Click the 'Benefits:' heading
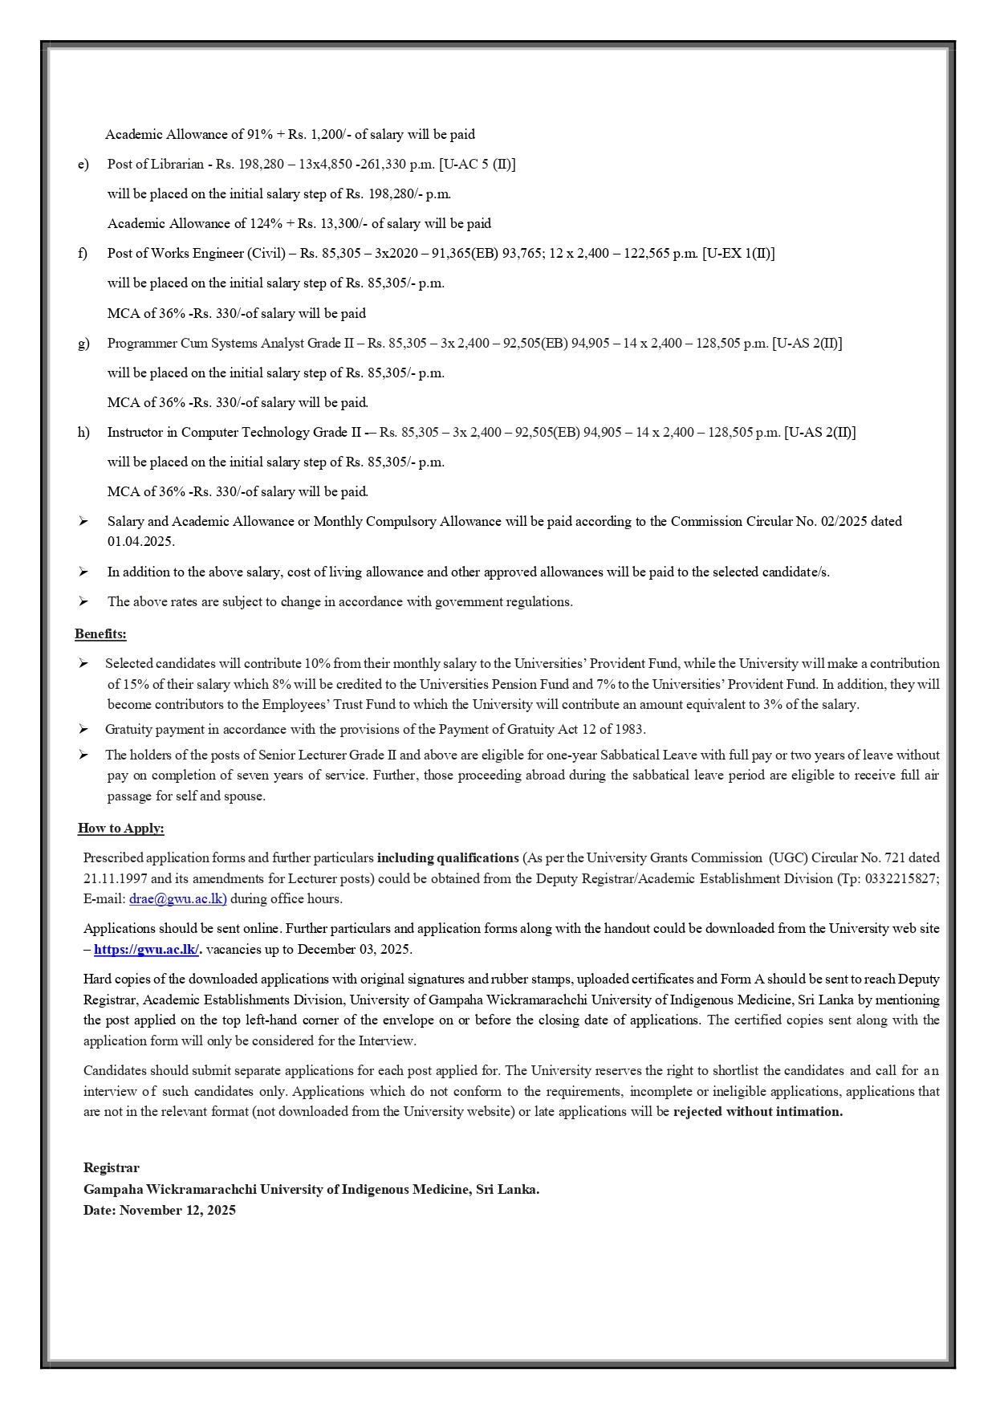100,634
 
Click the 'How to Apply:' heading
120,829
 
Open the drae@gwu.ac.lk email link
177,899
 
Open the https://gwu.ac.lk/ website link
146,950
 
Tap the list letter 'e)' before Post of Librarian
83,165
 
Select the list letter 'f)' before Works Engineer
83,254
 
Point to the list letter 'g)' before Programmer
83,344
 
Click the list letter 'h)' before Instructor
83,433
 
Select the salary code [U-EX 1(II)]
738,254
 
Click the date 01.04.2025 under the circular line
140,542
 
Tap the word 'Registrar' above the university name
111,1168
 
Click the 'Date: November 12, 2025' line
159,1211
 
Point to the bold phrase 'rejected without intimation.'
758,1112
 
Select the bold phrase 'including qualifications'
448,858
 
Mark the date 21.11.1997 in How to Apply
116,879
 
